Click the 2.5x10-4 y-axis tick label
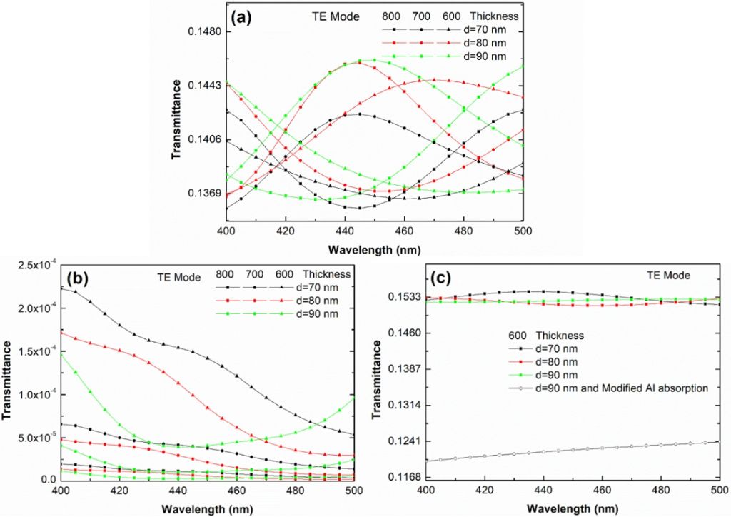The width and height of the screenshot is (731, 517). click(x=31, y=266)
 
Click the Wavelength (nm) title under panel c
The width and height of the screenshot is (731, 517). click(x=573, y=508)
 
